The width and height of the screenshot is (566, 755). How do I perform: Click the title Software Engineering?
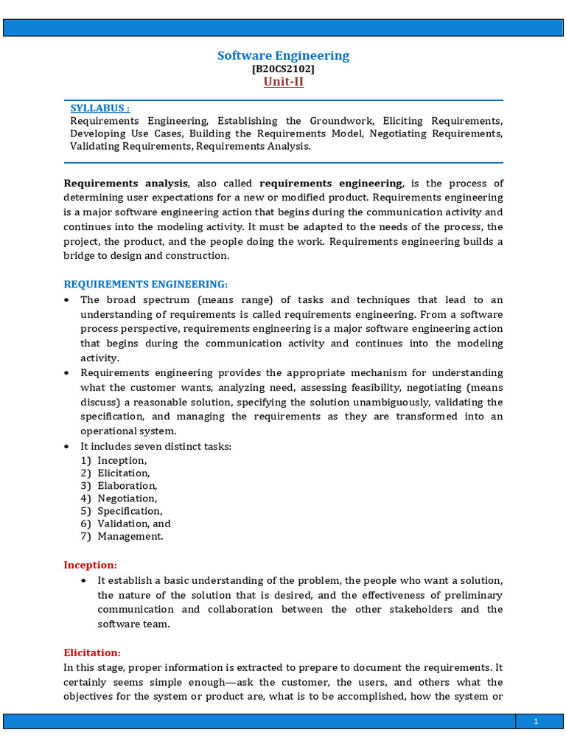tap(283, 56)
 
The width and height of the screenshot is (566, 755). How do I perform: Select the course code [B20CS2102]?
tap(283, 69)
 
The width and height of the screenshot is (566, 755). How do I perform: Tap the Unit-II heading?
tap(283, 82)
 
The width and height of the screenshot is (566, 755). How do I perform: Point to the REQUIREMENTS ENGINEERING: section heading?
tap(146, 285)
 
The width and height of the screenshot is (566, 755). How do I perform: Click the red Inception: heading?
tap(90, 566)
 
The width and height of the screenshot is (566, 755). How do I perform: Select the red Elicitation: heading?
tap(92, 653)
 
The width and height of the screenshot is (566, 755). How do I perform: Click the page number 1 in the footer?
tap(536, 723)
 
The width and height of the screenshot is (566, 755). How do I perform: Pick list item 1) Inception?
tap(114, 461)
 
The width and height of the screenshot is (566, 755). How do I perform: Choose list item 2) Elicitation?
tap(116, 473)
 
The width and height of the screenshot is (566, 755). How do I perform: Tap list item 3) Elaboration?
tap(119, 486)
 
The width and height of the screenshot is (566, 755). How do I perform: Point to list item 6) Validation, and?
tap(126, 523)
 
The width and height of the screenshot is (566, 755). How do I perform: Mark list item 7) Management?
tap(122, 536)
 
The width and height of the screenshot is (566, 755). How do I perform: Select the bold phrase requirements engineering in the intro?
tap(331, 183)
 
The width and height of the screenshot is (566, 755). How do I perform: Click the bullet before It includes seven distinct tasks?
tap(67, 447)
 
